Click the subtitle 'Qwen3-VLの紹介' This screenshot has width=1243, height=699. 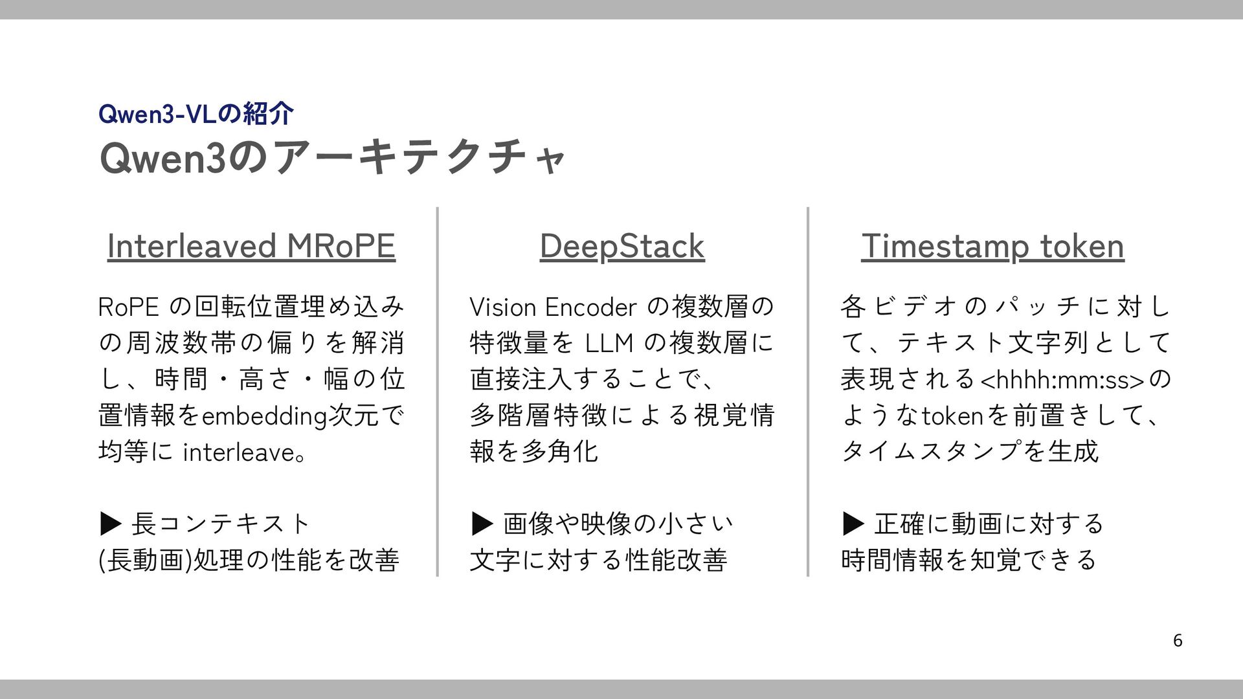[x=196, y=115]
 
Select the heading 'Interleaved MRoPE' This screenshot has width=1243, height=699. [x=251, y=247]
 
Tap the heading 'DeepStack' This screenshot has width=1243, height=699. [x=621, y=247]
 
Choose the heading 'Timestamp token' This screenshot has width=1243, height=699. [x=992, y=247]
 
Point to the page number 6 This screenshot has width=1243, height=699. [x=1178, y=641]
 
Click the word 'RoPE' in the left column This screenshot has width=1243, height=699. [x=128, y=307]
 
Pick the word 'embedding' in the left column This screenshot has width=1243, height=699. [x=264, y=416]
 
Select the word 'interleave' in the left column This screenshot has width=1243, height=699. [x=239, y=452]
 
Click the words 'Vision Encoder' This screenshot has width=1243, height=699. [x=554, y=307]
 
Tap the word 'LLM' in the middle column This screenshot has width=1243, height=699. [x=609, y=344]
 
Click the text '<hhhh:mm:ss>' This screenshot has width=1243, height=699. [x=1062, y=381]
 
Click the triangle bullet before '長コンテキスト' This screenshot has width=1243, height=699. [x=111, y=524]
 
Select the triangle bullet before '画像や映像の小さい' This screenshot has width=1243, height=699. [x=482, y=524]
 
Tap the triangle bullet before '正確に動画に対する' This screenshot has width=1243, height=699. [x=853, y=524]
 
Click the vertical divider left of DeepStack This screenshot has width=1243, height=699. [x=438, y=392]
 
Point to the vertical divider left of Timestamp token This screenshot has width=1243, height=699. [x=808, y=392]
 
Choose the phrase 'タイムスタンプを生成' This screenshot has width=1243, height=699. [x=969, y=452]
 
